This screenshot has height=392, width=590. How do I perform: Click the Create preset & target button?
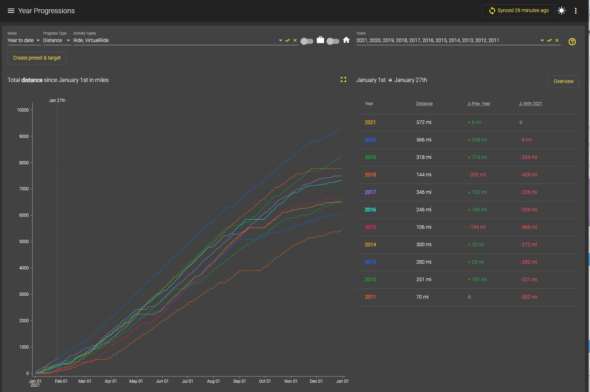click(x=37, y=58)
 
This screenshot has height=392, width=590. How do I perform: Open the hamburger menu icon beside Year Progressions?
click(x=11, y=11)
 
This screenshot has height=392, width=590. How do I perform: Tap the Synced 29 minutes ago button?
click(x=518, y=11)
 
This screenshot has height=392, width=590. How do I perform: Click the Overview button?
click(x=563, y=81)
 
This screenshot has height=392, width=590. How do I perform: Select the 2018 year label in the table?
click(x=370, y=175)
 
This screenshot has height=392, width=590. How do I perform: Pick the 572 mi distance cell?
click(x=423, y=122)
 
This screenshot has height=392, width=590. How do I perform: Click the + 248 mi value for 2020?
click(x=477, y=140)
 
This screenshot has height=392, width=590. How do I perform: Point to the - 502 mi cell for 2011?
click(x=528, y=297)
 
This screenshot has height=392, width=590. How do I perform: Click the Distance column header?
click(x=424, y=104)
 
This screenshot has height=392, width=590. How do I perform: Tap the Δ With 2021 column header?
click(x=531, y=104)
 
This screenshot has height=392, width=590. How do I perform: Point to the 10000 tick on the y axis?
click(x=23, y=110)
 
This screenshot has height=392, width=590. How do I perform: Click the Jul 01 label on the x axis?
click(x=187, y=381)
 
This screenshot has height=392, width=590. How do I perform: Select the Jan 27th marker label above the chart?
click(x=57, y=100)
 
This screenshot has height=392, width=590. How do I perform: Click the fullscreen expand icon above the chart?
click(x=343, y=79)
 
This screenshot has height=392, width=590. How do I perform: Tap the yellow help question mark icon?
click(x=572, y=42)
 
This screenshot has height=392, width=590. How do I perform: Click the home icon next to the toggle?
click(x=346, y=40)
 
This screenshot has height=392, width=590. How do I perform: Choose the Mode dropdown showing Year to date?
click(x=24, y=40)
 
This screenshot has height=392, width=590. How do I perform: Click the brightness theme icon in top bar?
click(x=561, y=11)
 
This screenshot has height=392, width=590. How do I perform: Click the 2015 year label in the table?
click(x=370, y=227)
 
